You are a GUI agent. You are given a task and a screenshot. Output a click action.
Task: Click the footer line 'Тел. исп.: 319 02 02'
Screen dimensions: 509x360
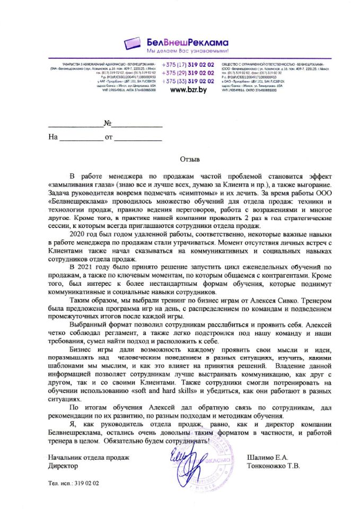coord(74,483)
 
